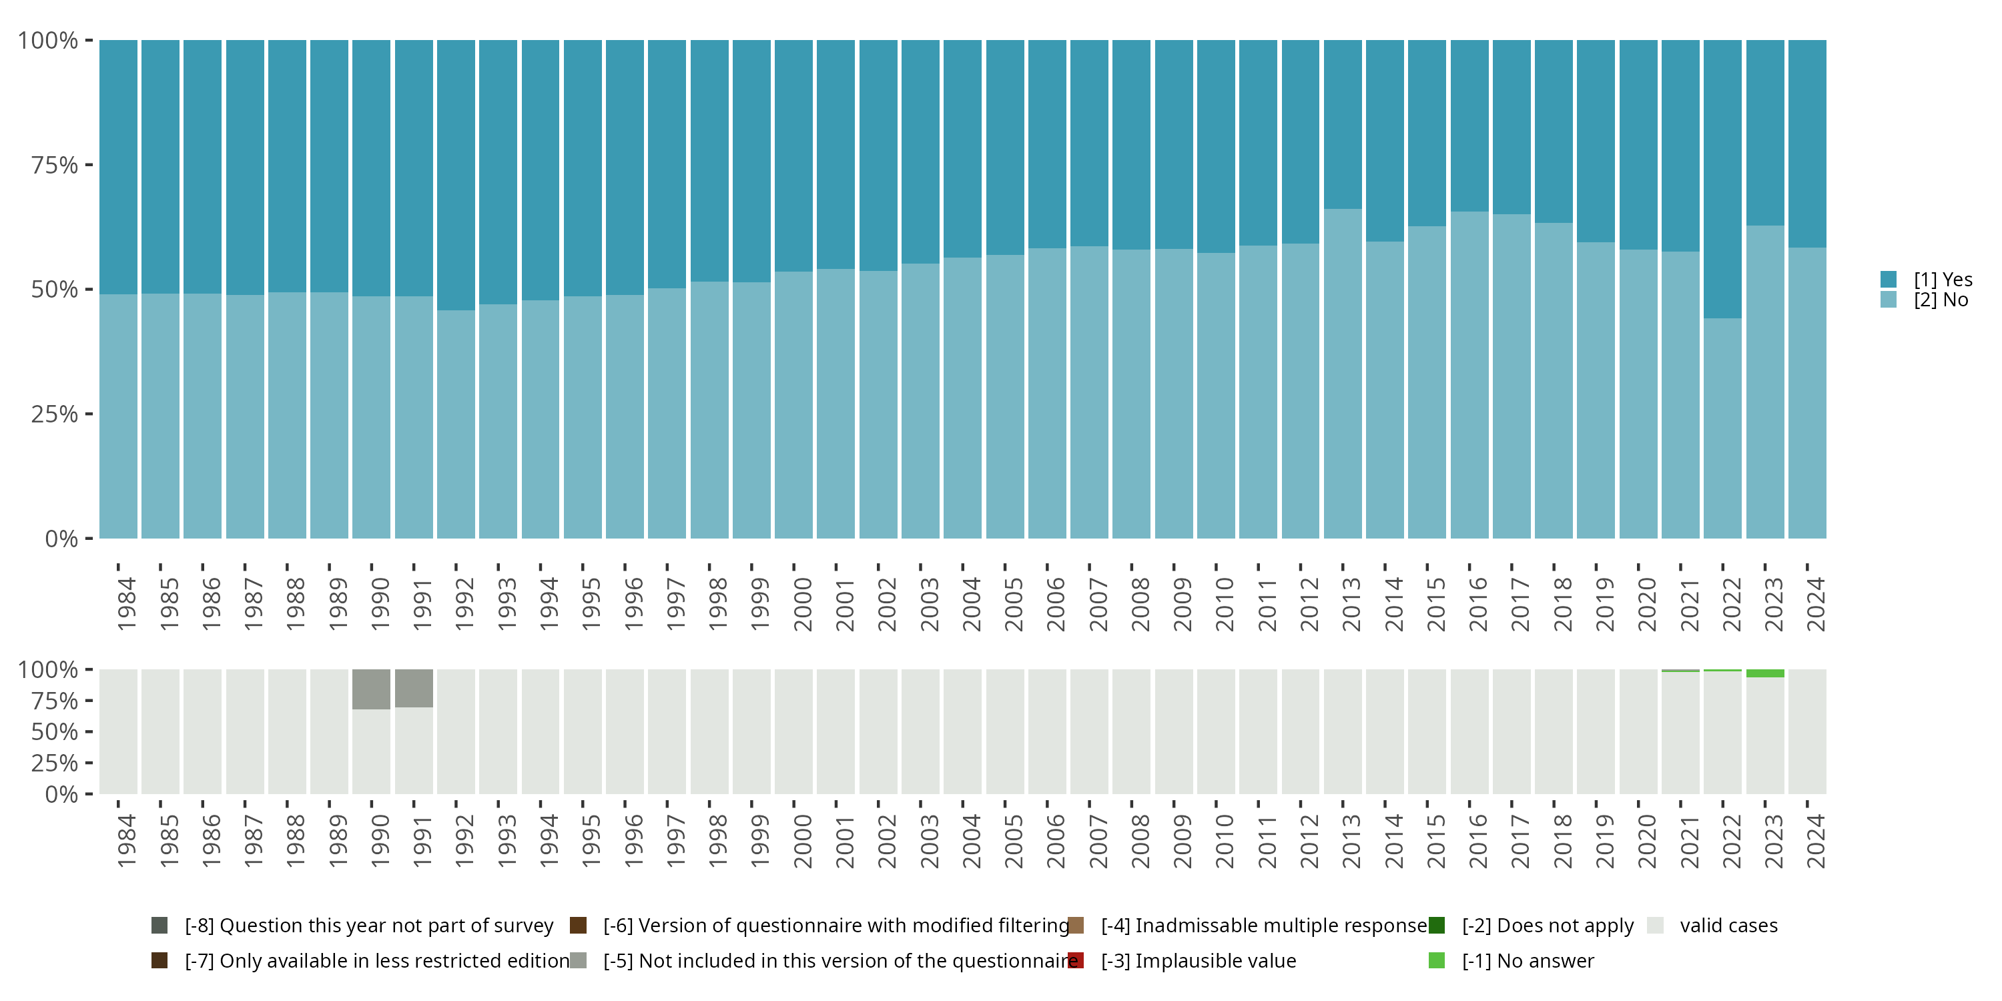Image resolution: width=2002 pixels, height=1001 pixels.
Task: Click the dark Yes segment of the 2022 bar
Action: [x=1722, y=179]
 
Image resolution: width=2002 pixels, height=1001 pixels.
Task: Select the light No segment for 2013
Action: [x=1343, y=374]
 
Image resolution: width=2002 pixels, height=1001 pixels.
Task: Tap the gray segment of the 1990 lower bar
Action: [x=372, y=689]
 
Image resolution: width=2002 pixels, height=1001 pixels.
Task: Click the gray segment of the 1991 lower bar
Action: [x=414, y=689]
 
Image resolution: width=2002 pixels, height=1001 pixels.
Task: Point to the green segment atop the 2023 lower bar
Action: [x=1765, y=673]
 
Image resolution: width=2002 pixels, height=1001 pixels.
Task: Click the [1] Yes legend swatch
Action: [x=1889, y=279]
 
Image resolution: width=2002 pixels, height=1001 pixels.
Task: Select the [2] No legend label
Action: [x=1941, y=300]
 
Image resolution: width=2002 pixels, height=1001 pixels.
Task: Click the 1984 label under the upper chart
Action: [x=126, y=604]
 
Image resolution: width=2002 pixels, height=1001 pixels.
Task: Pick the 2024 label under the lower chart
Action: [x=1814, y=841]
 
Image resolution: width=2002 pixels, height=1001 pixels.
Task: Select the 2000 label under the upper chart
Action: [x=802, y=604]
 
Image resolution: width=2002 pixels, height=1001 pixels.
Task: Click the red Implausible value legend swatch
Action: [x=1076, y=960]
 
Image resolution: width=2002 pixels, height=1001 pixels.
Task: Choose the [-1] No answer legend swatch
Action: [x=1436, y=960]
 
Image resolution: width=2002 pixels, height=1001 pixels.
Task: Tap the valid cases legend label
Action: [x=1728, y=926]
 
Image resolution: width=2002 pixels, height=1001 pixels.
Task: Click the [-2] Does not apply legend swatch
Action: [x=1436, y=926]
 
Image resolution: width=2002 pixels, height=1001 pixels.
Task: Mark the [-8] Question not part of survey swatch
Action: [x=159, y=926]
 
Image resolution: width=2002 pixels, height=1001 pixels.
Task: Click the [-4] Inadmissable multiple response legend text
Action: [x=1265, y=926]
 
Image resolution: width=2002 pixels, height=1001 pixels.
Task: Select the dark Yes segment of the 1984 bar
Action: [x=118, y=167]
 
